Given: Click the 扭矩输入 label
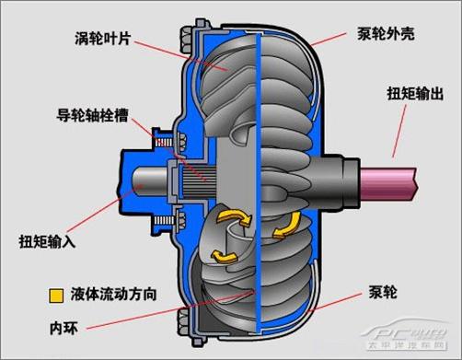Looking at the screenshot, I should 48,242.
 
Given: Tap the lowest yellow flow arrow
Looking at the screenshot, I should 224,254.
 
